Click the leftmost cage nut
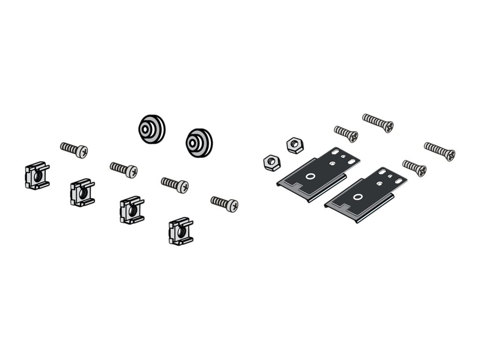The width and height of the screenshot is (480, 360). pos(37,176)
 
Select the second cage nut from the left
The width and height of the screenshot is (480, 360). pos(82,192)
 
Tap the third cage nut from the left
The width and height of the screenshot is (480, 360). pos(132,210)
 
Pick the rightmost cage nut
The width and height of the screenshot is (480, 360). pos(181,231)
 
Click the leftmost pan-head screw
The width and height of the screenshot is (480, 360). pos(74,150)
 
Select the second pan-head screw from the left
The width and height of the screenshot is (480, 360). pos(123,170)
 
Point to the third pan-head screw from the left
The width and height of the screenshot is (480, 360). pos(174,184)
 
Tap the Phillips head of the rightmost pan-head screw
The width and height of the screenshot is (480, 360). pos(232,205)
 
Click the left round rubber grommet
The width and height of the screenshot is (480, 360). pos(151,129)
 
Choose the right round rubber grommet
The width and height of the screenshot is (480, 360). pos(199,142)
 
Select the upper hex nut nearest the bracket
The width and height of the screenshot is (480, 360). pos(295,145)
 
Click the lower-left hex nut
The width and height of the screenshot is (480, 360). pos(272,163)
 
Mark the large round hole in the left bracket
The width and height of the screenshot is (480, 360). pos(310,177)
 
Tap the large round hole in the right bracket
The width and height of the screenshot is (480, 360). pos(358,197)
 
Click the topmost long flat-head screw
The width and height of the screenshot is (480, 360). pos(377,122)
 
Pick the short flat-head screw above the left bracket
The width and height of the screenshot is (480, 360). pos(346,134)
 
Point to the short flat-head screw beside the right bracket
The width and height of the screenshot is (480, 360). pos(414,168)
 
